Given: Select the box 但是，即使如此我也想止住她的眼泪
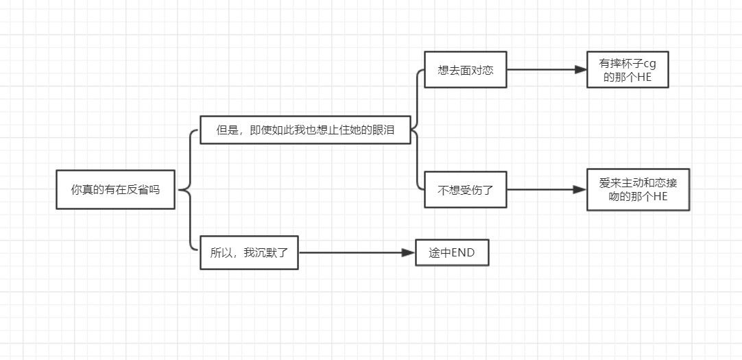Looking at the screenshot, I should pyautogui.click(x=305, y=130).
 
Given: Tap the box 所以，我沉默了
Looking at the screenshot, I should pyautogui.click(x=249, y=252).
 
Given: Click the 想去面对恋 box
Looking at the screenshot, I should pyautogui.click(x=465, y=70).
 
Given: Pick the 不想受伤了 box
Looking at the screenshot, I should pyautogui.click(x=465, y=189).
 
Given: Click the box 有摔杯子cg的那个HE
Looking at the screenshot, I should pyautogui.click(x=627, y=70).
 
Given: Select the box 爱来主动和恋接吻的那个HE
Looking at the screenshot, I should pyautogui.click(x=638, y=189).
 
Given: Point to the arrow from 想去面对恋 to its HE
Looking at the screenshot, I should pyautogui.click(x=546, y=70).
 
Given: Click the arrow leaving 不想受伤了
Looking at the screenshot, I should pyautogui.click(x=546, y=189).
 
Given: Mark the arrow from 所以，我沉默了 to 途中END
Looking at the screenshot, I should pyautogui.click(x=357, y=252).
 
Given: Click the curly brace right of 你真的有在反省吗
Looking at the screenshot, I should pyautogui.click(x=187, y=189).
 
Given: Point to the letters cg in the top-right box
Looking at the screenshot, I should pyautogui.click(x=651, y=64).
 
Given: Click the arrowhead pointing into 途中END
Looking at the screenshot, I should pyautogui.click(x=409, y=252).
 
